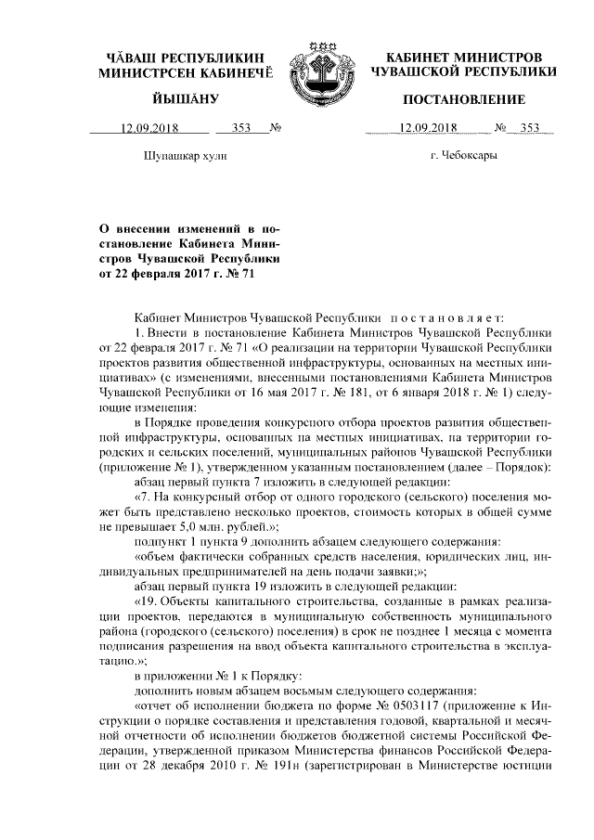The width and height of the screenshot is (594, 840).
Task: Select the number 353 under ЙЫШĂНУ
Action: click(x=242, y=128)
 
